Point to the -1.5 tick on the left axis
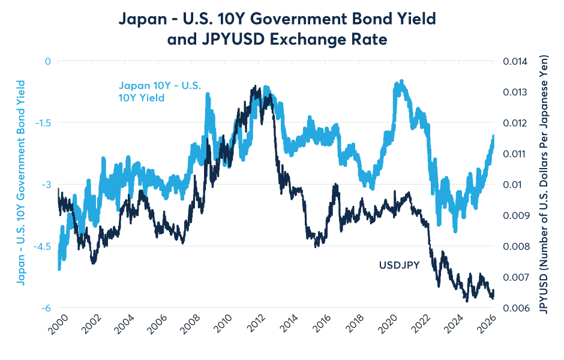click(x=44, y=123)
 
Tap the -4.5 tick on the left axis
click(x=44, y=247)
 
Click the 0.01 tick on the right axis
click(x=509, y=185)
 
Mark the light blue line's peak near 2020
click(x=401, y=81)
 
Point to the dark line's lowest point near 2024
click(x=466, y=299)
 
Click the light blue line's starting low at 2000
click(x=59, y=268)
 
